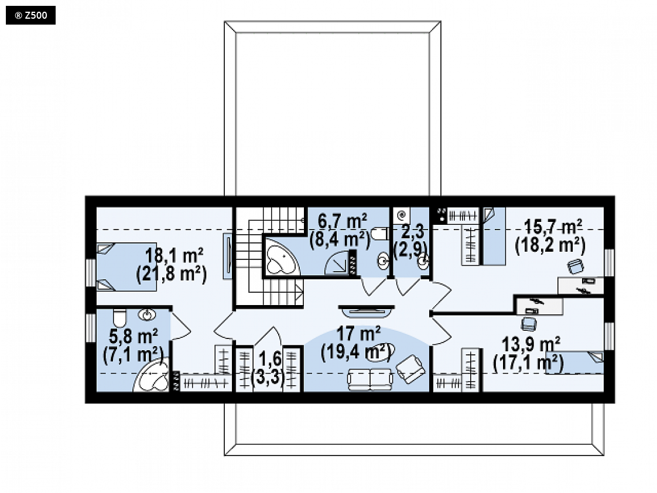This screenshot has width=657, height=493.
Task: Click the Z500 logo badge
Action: pos(30,15)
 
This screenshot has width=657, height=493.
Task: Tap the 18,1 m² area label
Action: pos(174,254)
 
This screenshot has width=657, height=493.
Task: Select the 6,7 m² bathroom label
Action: pos(343,220)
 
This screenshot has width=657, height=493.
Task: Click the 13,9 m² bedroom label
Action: pos(531,344)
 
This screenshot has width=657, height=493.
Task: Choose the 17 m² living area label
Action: pos(359,334)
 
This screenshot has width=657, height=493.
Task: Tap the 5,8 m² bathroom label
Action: pos(134,335)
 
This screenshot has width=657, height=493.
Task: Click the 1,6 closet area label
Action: pos(271,358)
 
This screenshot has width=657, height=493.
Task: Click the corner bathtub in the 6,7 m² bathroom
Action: pos(280,258)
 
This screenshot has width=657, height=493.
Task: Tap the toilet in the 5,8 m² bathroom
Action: pos(119,318)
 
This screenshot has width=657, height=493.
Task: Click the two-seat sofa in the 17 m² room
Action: pos(370,379)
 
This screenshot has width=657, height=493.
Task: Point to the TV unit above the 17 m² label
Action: pos(367,310)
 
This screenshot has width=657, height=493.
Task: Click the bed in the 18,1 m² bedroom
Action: pos(126,267)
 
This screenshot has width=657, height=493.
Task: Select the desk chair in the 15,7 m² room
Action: pos(576,266)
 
